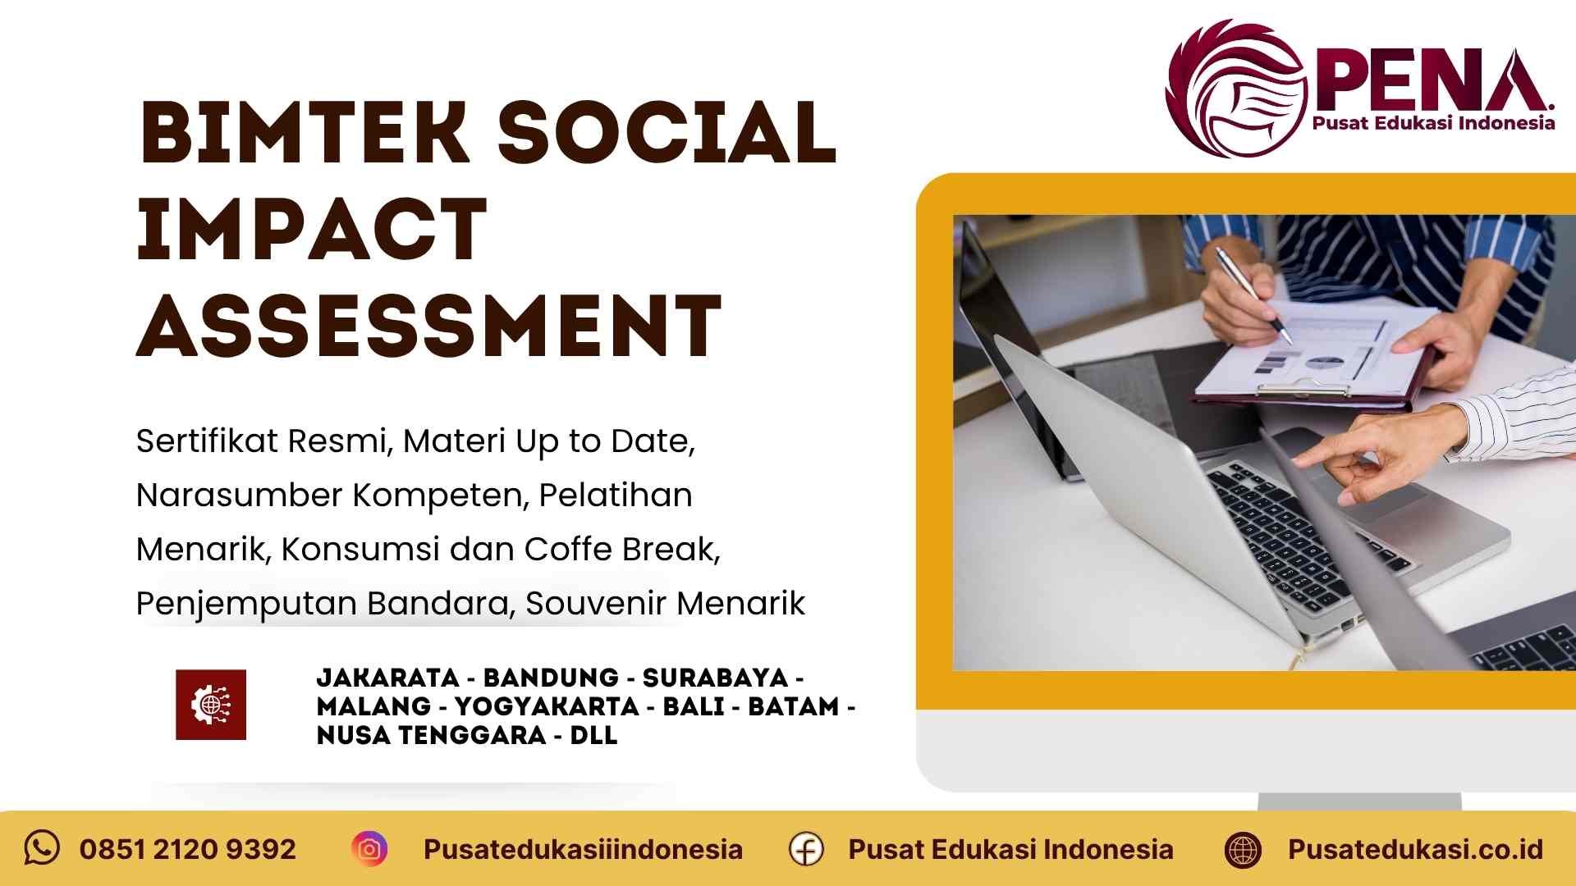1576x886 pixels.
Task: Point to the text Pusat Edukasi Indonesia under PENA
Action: tap(1433, 123)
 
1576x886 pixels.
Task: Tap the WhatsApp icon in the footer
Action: tap(42, 847)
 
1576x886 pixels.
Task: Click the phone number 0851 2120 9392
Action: tap(188, 849)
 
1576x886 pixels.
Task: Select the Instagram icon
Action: tap(369, 849)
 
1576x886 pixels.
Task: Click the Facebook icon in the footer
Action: tap(806, 849)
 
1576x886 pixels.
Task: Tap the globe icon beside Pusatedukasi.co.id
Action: tap(1242, 849)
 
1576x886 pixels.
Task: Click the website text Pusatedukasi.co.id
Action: tap(1415, 849)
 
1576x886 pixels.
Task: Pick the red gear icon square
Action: tap(211, 705)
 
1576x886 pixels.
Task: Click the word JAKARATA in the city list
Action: tap(387, 678)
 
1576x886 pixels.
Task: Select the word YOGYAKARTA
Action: tap(547, 706)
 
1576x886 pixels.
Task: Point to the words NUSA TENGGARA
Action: tap(432, 735)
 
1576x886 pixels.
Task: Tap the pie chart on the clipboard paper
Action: tap(1324, 362)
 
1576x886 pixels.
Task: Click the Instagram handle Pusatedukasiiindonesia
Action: tap(583, 849)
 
